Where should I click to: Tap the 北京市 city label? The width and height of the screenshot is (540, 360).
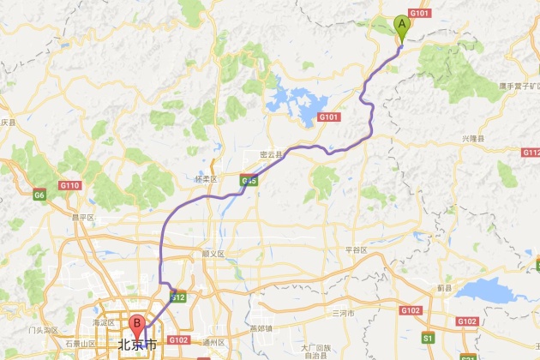[x=138, y=345]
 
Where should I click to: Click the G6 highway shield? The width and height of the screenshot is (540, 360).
[x=39, y=195]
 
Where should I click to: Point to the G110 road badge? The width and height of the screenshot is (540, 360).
[x=69, y=185]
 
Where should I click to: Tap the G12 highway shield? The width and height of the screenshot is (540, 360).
[x=177, y=297]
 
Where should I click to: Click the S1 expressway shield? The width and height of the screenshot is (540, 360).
[x=428, y=338]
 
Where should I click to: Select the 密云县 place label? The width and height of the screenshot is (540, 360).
[x=271, y=155]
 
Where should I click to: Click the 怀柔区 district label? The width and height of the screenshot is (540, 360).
[x=208, y=179]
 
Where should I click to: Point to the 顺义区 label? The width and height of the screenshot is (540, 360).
[x=212, y=254]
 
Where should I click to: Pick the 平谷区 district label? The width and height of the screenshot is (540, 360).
[x=356, y=249]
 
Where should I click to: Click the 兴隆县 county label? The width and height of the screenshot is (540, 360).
[x=473, y=138]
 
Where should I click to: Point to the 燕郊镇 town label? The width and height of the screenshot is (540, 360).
[x=260, y=327]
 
